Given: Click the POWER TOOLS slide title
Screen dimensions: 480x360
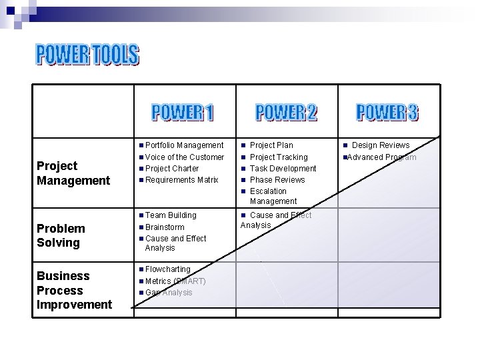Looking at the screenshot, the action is click(x=87, y=55).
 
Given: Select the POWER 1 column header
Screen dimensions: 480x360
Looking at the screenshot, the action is click(x=183, y=113).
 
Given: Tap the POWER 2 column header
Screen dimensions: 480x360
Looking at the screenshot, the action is click(x=287, y=113).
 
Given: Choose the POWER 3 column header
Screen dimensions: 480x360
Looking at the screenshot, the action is click(x=387, y=113).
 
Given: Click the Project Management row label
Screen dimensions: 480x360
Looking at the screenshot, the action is click(x=73, y=173).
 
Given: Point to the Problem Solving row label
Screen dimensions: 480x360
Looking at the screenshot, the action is click(x=61, y=236).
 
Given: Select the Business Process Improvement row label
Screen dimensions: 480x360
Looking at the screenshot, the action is click(x=74, y=291).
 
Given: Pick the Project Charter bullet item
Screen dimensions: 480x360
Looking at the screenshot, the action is click(x=172, y=169).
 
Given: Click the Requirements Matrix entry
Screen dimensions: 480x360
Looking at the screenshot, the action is click(x=181, y=180).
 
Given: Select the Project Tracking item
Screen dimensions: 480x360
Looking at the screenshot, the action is click(x=279, y=157).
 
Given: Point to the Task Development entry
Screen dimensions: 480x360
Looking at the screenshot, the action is click(x=283, y=169).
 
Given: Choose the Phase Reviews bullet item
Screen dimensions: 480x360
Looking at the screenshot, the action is click(x=277, y=180).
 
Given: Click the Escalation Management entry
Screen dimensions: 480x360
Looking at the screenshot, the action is click(x=273, y=196).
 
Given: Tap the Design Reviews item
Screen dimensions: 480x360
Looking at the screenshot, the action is click(x=381, y=145).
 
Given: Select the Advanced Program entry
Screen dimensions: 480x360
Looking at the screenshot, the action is click(x=381, y=157).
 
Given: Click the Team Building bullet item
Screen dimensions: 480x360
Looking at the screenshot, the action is click(x=171, y=215).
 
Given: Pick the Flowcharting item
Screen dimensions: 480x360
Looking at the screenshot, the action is click(x=167, y=269).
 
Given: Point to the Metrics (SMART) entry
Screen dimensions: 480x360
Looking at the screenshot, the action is click(x=175, y=281).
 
